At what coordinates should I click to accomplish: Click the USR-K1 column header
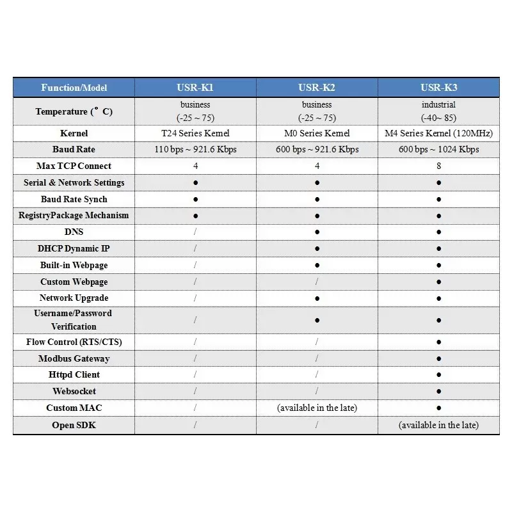click(x=195, y=88)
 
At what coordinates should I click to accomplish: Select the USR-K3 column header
click(x=438, y=88)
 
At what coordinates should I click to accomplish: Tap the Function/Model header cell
click(x=74, y=88)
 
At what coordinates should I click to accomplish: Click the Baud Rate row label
click(x=74, y=150)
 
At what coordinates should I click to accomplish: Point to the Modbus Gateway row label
click(x=74, y=358)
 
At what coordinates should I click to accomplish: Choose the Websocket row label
click(x=74, y=391)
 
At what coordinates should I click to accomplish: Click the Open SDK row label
click(x=74, y=425)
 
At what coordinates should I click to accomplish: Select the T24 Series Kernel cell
click(x=195, y=133)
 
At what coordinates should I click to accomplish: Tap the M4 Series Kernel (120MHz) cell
click(x=438, y=133)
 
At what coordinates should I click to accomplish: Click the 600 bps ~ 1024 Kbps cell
click(x=438, y=150)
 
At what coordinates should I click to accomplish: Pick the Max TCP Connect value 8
click(x=438, y=166)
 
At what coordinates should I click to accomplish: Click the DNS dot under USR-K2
click(x=317, y=232)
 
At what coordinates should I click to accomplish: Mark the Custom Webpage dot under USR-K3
click(x=438, y=282)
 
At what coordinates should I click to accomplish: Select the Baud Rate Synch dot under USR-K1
click(x=195, y=199)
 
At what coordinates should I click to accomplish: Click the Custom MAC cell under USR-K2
click(x=317, y=408)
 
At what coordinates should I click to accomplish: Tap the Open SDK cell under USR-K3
click(x=438, y=425)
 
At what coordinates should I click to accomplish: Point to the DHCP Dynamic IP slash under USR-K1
click(x=195, y=248)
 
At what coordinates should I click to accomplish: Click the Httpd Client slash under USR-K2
click(x=317, y=374)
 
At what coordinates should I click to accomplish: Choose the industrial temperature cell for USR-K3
click(x=438, y=111)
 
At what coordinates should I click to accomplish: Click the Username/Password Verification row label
click(x=74, y=319)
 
